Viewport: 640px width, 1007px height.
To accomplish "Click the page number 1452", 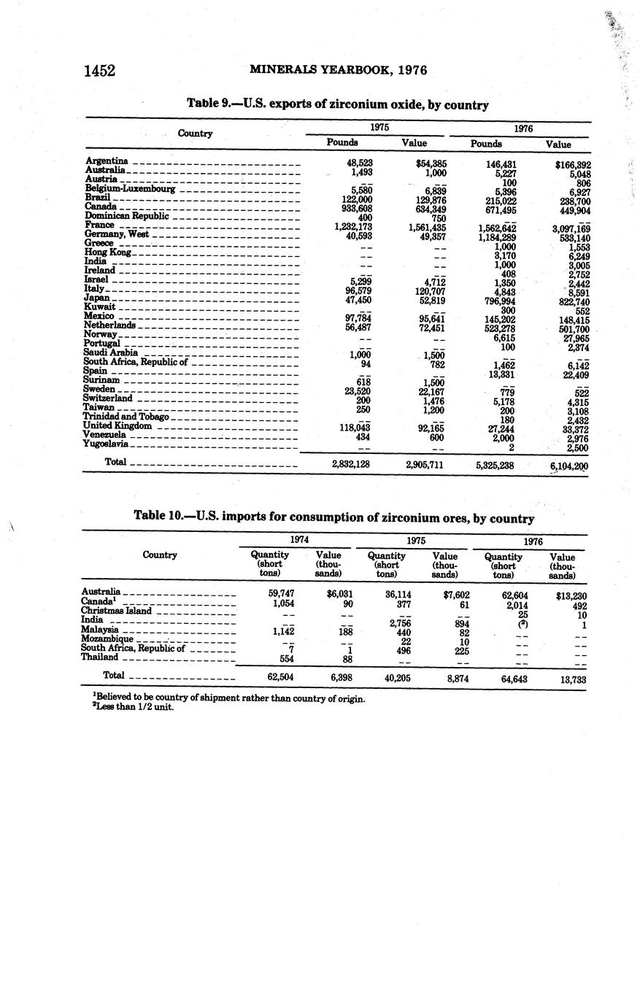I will (x=100, y=71).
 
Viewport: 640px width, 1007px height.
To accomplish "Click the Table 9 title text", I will (x=337, y=104).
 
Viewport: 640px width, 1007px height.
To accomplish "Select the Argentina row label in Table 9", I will (x=107, y=161).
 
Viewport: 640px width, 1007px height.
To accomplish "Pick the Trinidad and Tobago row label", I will (x=126, y=417).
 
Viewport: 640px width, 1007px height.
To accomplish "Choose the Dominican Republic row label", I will (x=126, y=216).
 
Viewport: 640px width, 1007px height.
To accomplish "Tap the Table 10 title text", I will (x=334, y=517).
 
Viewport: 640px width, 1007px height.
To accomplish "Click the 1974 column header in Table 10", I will (x=298, y=540).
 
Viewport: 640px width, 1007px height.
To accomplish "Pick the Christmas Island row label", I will (x=116, y=610).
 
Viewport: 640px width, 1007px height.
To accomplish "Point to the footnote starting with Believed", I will (x=223, y=698).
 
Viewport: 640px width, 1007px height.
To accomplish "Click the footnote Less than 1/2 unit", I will (x=128, y=708).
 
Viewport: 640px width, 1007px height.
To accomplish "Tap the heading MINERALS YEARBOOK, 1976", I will (x=338, y=70).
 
